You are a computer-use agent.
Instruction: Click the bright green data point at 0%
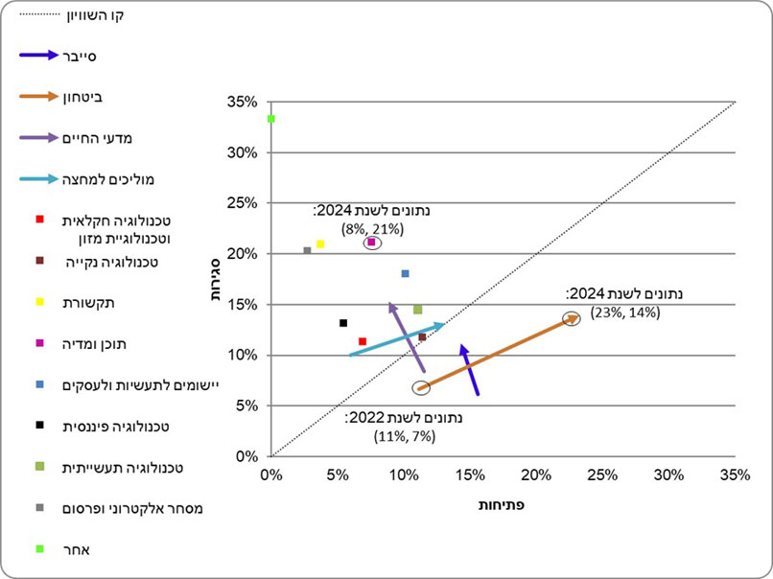(x=271, y=119)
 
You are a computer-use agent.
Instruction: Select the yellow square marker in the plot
(x=320, y=244)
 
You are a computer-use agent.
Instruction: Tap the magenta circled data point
(x=371, y=243)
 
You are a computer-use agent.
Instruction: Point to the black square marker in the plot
(x=342, y=323)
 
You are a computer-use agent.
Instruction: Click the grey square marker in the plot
(x=307, y=250)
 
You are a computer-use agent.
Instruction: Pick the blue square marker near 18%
(x=405, y=274)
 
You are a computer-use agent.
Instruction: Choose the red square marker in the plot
(x=362, y=341)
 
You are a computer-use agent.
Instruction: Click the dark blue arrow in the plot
(x=469, y=369)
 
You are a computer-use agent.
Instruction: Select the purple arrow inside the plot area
(x=407, y=336)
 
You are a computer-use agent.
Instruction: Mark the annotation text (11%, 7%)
(x=405, y=436)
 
